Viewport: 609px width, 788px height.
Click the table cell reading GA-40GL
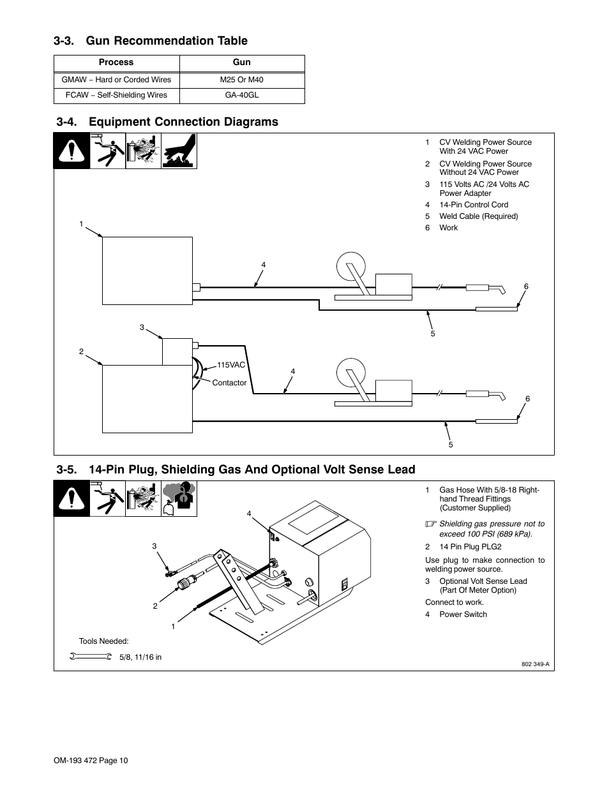point(242,95)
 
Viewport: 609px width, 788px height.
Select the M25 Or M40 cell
point(242,80)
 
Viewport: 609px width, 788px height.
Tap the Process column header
point(116,63)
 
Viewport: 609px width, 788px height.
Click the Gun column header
point(242,63)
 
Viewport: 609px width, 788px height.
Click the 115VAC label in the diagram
point(231,365)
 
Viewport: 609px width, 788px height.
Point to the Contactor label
point(229,383)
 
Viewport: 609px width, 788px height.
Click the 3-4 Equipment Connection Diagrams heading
point(167,122)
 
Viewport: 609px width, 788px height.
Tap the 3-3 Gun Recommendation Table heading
point(151,41)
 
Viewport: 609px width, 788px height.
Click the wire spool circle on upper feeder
point(350,265)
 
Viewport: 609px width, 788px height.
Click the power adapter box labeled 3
point(177,352)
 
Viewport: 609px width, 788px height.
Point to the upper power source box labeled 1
point(147,271)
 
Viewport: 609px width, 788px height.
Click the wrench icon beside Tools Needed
point(89,657)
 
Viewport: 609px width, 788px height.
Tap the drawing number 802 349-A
point(536,664)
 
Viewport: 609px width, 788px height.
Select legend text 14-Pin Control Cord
point(474,205)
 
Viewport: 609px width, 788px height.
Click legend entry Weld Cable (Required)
point(478,216)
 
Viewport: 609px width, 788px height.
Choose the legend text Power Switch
point(463,614)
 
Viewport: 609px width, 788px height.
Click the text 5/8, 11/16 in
point(140,657)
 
